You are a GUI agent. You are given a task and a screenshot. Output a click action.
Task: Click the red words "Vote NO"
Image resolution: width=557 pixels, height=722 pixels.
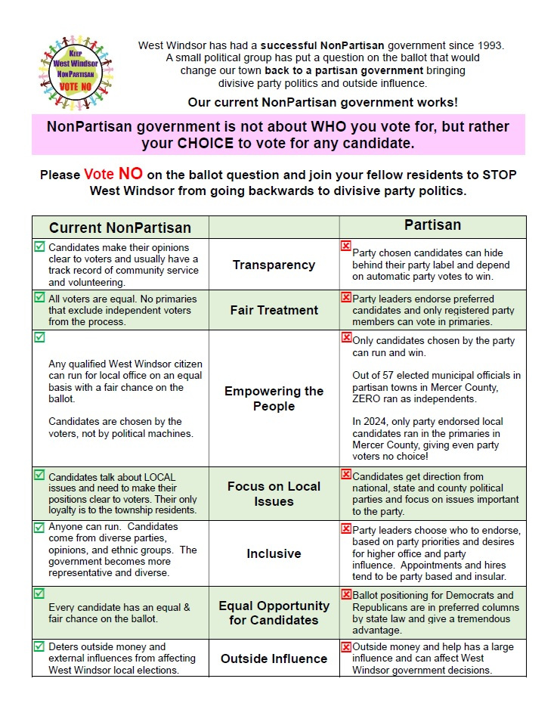(113, 174)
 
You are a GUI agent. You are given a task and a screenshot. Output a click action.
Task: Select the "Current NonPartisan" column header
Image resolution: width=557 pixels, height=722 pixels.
(120, 228)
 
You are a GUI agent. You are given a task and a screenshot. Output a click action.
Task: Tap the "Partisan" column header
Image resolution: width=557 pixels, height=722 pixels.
(432, 225)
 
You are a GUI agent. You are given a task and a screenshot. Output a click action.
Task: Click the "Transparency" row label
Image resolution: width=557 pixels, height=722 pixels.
(274, 265)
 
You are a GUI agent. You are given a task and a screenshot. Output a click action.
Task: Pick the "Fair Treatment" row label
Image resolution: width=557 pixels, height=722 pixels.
(274, 310)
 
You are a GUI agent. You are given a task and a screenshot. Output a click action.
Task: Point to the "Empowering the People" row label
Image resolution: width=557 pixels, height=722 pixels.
(274, 398)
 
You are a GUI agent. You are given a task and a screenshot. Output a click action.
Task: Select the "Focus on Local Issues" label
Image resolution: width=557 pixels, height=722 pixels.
(274, 494)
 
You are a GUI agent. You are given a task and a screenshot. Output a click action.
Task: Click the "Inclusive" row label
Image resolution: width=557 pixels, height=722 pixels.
(274, 553)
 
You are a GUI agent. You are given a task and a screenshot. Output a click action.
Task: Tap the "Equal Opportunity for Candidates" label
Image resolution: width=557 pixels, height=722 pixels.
(274, 612)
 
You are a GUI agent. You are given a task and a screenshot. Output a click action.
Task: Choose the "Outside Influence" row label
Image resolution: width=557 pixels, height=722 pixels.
(274, 658)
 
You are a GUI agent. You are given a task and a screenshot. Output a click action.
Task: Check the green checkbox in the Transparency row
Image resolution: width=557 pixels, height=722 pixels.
(39, 246)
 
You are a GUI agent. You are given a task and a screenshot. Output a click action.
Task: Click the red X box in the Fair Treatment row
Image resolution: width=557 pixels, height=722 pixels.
(346, 298)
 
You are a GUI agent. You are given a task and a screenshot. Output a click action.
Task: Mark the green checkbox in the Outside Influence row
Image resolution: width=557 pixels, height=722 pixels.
(39, 646)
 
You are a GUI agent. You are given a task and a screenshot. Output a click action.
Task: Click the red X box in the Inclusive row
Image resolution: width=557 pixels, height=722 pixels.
(346, 529)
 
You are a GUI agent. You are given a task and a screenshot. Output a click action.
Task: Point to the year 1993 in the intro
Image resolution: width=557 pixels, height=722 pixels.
(487, 45)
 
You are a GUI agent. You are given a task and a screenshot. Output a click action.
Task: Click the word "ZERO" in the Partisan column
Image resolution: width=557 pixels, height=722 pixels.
(368, 398)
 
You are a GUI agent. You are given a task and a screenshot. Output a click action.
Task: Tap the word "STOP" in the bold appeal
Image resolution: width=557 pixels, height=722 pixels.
(496, 175)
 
